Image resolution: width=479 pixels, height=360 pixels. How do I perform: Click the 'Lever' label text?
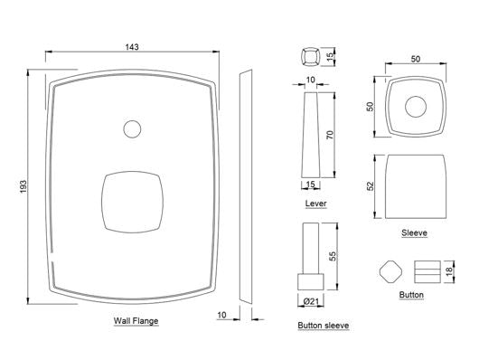[x=316, y=204]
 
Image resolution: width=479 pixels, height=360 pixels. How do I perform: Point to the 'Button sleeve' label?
[x=323, y=324]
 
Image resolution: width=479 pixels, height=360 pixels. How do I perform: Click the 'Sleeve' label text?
[x=415, y=232]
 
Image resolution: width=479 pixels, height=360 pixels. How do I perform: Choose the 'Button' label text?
[x=411, y=296]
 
